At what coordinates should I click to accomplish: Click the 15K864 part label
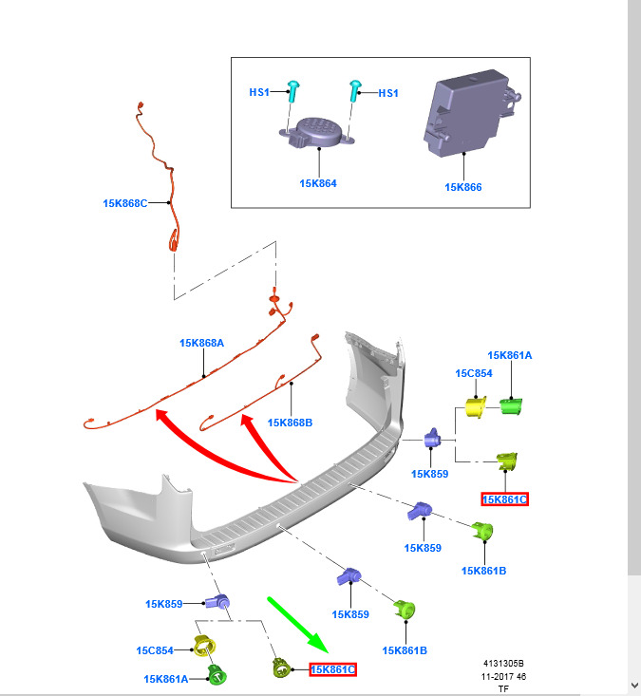coord(318,183)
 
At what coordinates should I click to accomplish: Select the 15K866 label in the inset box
coord(463,187)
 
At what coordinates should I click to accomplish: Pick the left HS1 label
coord(259,93)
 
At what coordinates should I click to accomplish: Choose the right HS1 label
coord(388,93)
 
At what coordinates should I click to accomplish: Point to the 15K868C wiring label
coord(125,202)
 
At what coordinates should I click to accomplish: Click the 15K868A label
coord(201,343)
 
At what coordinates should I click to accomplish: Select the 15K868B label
coord(290,423)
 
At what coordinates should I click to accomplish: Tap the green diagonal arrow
coord(297,624)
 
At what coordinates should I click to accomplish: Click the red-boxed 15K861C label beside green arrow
coord(332,669)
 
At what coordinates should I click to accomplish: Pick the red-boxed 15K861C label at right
coord(504,499)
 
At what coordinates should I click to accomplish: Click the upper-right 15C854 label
coord(474,373)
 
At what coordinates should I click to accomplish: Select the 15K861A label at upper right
coord(510,355)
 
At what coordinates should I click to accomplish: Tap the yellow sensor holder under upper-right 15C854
coord(476,408)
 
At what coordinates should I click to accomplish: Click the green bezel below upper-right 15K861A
coord(513,407)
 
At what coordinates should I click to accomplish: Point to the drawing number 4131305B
coord(504,664)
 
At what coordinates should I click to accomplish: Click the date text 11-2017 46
coord(503,676)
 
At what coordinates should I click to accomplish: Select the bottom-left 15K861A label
coord(166,679)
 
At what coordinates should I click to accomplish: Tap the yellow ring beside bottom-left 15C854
coord(204,648)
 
